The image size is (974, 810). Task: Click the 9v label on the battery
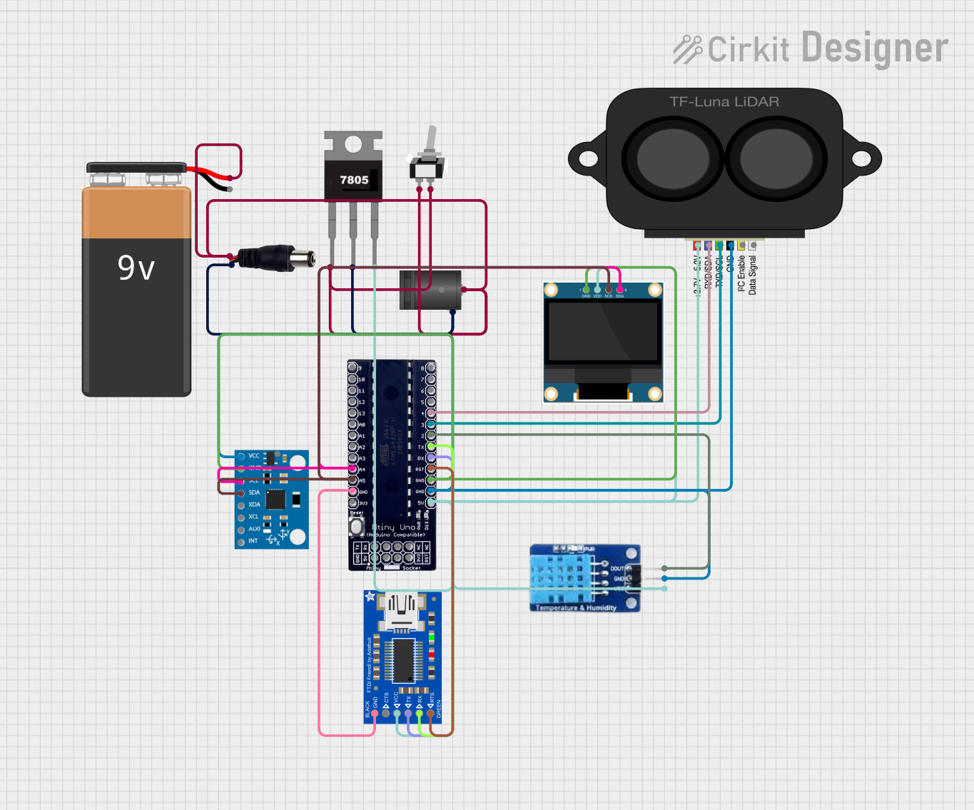click(136, 268)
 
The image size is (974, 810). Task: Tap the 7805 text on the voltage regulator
click(354, 180)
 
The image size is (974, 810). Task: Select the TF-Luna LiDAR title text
click(724, 102)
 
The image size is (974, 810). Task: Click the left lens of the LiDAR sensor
click(673, 159)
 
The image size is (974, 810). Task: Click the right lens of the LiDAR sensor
click(776, 159)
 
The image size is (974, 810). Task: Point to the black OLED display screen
click(603, 332)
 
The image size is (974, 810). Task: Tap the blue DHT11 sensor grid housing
click(559, 579)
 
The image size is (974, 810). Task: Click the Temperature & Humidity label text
click(575, 608)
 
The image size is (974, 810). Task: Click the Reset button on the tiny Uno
click(356, 527)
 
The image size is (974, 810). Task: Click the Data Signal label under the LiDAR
click(753, 275)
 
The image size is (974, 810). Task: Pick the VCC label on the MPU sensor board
click(254, 456)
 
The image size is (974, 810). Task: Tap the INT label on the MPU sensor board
click(253, 541)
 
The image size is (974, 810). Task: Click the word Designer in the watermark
click(875, 49)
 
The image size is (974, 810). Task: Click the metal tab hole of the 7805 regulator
click(353, 145)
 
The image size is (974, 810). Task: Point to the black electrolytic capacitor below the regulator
click(430, 290)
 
